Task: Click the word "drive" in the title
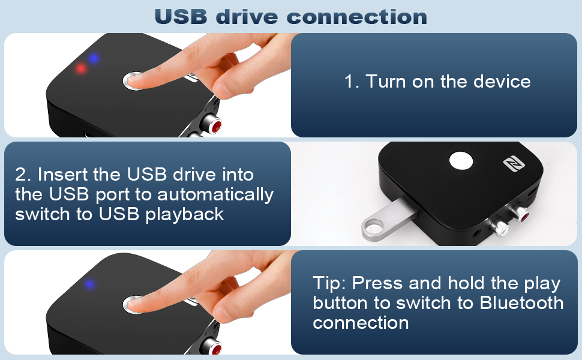coord(247,17)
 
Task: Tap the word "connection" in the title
coord(356,17)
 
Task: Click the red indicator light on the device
coord(80,68)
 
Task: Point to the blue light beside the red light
coord(94,58)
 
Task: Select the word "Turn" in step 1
coord(386,81)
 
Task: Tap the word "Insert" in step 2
coord(62,174)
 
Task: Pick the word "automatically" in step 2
coord(215,194)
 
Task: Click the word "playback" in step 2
coord(184,215)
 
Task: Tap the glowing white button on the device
coord(461,161)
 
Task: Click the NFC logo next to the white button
coord(514,164)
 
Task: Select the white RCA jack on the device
coord(500,228)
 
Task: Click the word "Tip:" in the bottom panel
coord(329,283)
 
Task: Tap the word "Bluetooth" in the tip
coord(521,303)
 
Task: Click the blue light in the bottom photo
coord(89,284)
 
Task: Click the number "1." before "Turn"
coord(352,82)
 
